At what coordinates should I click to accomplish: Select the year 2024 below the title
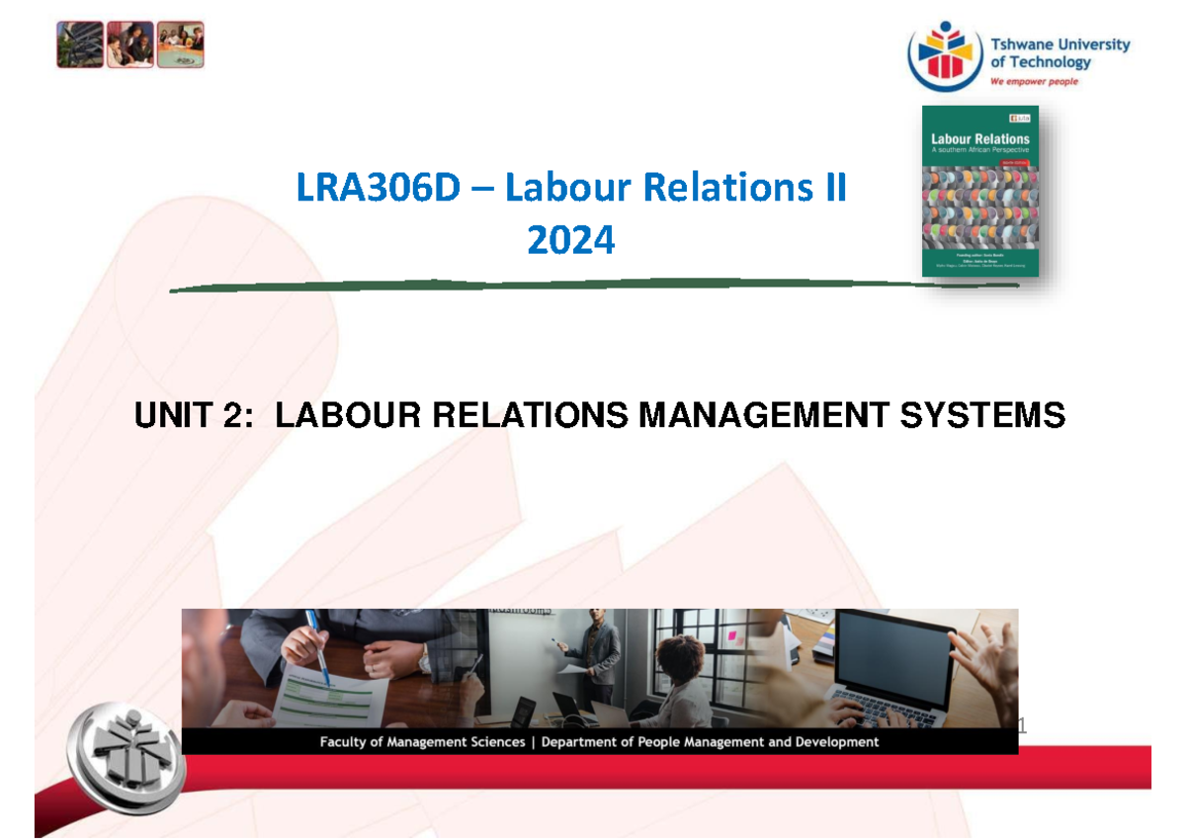pos(570,240)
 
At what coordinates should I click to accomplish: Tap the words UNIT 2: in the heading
pos(197,416)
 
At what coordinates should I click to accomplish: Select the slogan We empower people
pos(1034,82)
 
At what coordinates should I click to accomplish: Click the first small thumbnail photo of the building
pos(80,45)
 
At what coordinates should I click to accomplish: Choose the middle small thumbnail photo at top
pos(130,45)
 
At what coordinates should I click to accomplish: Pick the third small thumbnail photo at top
pos(181,45)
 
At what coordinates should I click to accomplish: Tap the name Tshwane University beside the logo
pos(1059,44)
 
